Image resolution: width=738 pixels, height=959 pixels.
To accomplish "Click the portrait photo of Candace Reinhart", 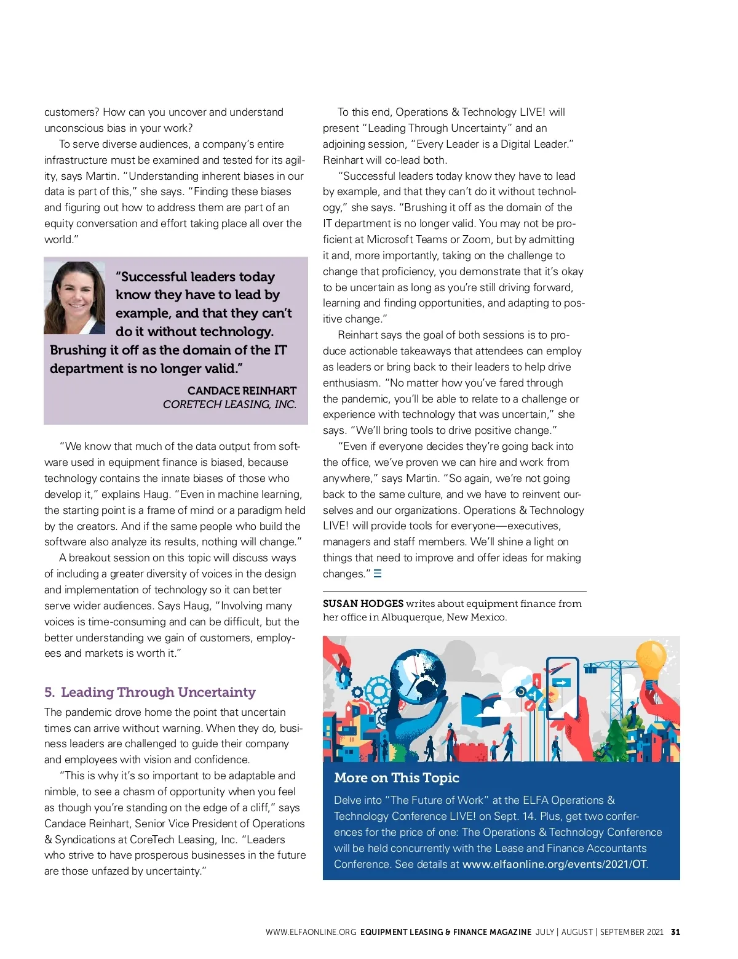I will tap(74, 298).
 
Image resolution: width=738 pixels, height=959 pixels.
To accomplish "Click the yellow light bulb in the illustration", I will tap(651, 660).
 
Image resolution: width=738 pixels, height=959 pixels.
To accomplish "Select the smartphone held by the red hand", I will tap(562, 688).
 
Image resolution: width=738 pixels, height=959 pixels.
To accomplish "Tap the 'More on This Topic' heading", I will tap(397, 777).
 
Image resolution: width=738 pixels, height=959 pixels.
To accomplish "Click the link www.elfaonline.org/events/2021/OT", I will tap(554, 864).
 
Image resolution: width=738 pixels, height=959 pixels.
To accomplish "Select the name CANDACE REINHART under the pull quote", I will tap(242, 391).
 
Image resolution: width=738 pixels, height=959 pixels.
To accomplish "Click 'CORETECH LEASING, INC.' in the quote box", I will tap(229, 404).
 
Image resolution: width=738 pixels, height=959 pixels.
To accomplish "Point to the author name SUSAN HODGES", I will tap(363, 604).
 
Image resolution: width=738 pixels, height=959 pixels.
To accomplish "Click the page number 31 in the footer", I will tap(675, 932).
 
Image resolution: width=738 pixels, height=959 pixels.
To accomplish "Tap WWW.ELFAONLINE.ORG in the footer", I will tap(311, 932).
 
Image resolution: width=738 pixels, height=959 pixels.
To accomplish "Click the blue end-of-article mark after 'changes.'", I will tap(378, 574).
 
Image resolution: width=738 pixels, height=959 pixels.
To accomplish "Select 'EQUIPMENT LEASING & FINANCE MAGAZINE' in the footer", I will tap(446, 932).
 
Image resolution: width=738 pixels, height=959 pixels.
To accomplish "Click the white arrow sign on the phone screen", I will tap(561, 683).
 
